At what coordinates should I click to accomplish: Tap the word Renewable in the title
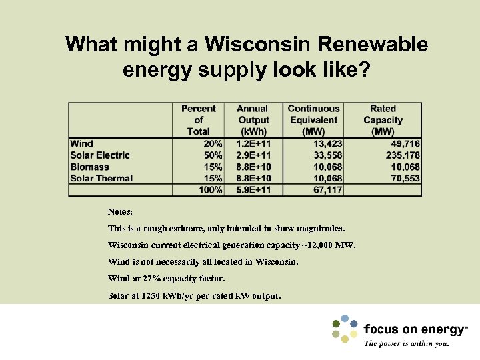373,45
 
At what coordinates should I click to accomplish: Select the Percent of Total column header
198,120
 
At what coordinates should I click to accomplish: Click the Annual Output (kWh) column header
253,120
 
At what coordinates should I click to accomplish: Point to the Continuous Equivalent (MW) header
313,120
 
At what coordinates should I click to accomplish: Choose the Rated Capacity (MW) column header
383,120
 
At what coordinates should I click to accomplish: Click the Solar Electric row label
100,155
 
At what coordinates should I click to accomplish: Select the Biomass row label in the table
89,167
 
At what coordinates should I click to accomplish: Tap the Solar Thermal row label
101,178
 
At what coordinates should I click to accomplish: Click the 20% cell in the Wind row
213,144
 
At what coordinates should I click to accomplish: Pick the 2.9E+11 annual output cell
253,155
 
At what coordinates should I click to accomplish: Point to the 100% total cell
211,190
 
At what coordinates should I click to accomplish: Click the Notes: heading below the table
120,211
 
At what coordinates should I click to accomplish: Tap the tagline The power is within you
407,344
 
